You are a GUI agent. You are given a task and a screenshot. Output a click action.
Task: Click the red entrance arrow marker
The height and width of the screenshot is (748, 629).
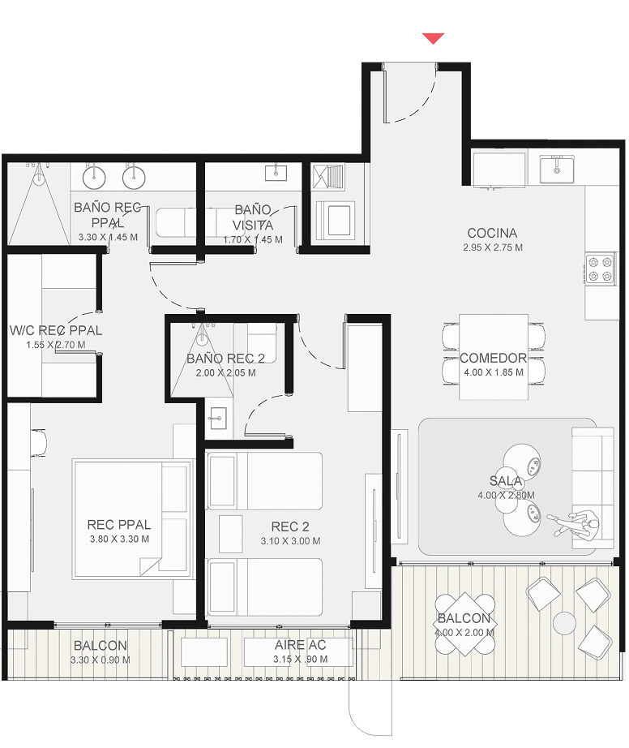[433, 38]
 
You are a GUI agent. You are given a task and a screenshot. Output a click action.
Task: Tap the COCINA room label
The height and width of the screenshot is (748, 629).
[492, 233]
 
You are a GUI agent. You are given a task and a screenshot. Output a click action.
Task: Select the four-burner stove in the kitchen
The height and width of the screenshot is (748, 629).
[600, 269]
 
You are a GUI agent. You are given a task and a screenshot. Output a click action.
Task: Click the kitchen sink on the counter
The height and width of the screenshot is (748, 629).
[557, 170]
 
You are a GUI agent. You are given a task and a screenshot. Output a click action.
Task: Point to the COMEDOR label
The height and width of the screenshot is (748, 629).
[493, 358]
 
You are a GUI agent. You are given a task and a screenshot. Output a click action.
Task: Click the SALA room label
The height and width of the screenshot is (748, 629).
[506, 481]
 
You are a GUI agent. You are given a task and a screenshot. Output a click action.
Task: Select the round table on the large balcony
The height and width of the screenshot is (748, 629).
[565, 623]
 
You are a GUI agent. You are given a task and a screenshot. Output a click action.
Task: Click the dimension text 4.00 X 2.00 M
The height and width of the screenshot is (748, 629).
[464, 633]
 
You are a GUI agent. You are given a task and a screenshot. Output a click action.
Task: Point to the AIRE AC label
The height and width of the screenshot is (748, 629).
[300, 645]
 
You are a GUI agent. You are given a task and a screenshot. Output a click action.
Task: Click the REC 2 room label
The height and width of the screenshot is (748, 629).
[290, 527]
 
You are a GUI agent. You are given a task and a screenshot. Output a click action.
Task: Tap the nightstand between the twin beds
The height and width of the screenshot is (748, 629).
[231, 534]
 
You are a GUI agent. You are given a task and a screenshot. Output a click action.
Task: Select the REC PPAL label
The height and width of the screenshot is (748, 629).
[119, 525]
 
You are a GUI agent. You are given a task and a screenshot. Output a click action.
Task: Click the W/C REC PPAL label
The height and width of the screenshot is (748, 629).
[56, 330]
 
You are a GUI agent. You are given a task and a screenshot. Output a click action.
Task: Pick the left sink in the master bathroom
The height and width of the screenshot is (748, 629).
[94, 177]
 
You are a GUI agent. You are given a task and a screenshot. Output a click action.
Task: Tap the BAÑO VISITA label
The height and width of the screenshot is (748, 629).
[253, 217]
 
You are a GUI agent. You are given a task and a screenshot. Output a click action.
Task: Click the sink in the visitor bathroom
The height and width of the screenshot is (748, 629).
[276, 173]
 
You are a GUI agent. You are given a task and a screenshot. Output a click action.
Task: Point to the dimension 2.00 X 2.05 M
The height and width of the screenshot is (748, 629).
[226, 373]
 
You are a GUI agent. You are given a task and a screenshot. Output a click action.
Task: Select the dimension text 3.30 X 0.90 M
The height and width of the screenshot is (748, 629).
[100, 660]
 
